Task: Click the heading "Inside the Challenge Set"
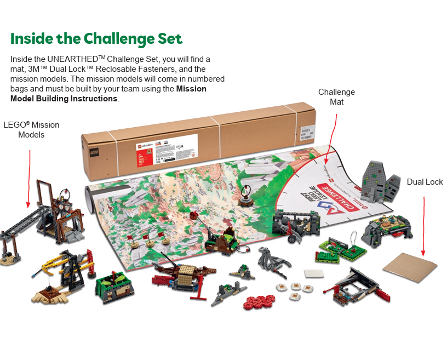pyautogui.click(x=96, y=39)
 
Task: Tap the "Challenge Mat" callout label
pyautogui.click(x=336, y=97)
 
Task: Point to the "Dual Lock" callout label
pyautogui.click(x=425, y=182)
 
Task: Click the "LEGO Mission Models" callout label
pyautogui.click(x=31, y=130)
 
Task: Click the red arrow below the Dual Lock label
pyautogui.click(x=424, y=225)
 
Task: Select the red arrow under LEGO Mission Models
pyautogui.click(x=29, y=178)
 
